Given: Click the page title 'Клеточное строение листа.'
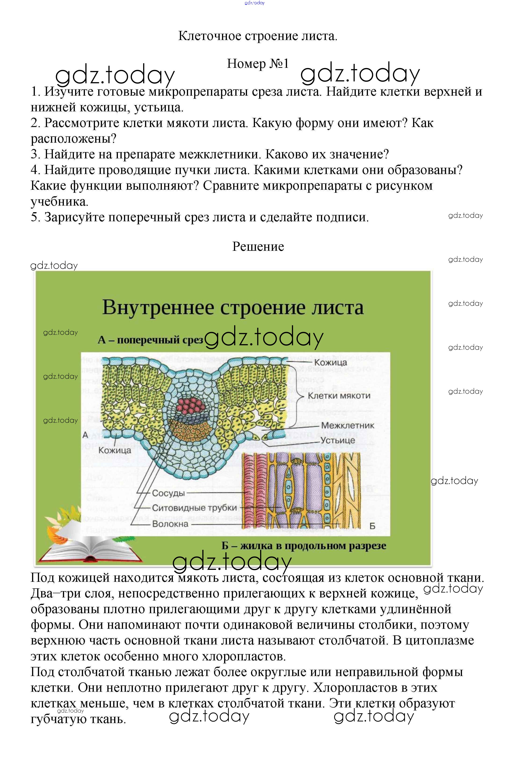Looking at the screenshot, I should pos(258,36).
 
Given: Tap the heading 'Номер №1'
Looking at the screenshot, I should pos(258,64).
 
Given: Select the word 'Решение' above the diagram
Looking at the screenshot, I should pos(258,247).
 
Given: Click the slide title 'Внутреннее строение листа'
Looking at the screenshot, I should pos(233,307).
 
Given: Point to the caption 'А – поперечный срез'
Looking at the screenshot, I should pos(150,340).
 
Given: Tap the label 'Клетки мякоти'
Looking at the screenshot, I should pos(339,396).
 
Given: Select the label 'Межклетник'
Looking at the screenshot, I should pos(347,425).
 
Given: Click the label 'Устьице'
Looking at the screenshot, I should pos(338,440).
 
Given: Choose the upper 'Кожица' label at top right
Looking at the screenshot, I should pos(331,362).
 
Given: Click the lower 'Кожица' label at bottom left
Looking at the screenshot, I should pos(115,450).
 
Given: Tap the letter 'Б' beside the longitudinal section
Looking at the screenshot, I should pos(372,526).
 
